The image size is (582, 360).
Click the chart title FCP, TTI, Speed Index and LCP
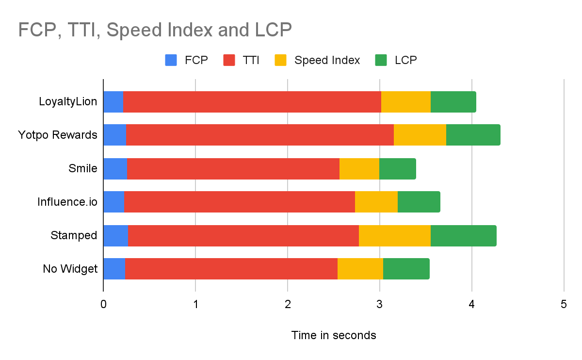pyautogui.click(x=155, y=30)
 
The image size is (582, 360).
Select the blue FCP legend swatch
pyautogui.click(x=171, y=60)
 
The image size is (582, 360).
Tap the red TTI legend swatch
pyautogui.click(x=229, y=60)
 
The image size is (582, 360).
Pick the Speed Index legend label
pyautogui.click(x=327, y=60)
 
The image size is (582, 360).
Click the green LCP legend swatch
pyautogui.click(x=381, y=60)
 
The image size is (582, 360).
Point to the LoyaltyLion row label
pyautogui.click(x=68, y=101)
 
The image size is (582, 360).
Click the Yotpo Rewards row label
pyautogui.click(x=58, y=135)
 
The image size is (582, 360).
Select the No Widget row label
pyautogui.click(x=70, y=269)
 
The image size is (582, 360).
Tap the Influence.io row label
pyautogui.click(x=67, y=202)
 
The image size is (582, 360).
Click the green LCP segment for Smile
pyautogui.click(x=398, y=169)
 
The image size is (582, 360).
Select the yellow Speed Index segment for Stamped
pyautogui.click(x=395, y=236)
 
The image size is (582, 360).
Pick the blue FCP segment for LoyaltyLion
pyautogui.click(x=113, y=102)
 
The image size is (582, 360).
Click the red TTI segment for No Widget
pyautogui.click(x=231, y=269)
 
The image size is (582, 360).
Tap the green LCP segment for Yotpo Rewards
pyautogui.click(x=473, y=135)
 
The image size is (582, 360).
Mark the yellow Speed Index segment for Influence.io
pyautogui.click(x=376, y=202)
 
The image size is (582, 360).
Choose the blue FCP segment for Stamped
pyautogui.click(x=116, y=236)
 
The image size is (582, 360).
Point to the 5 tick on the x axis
pyautogui.click(x=564, y=304)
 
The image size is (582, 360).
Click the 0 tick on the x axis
pyautogui.click(x=103, y=304)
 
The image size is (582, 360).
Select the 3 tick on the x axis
pyautogui.click(x=379, y=304)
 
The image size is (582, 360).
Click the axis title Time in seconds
pyautogui.click(x=334, y=335)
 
